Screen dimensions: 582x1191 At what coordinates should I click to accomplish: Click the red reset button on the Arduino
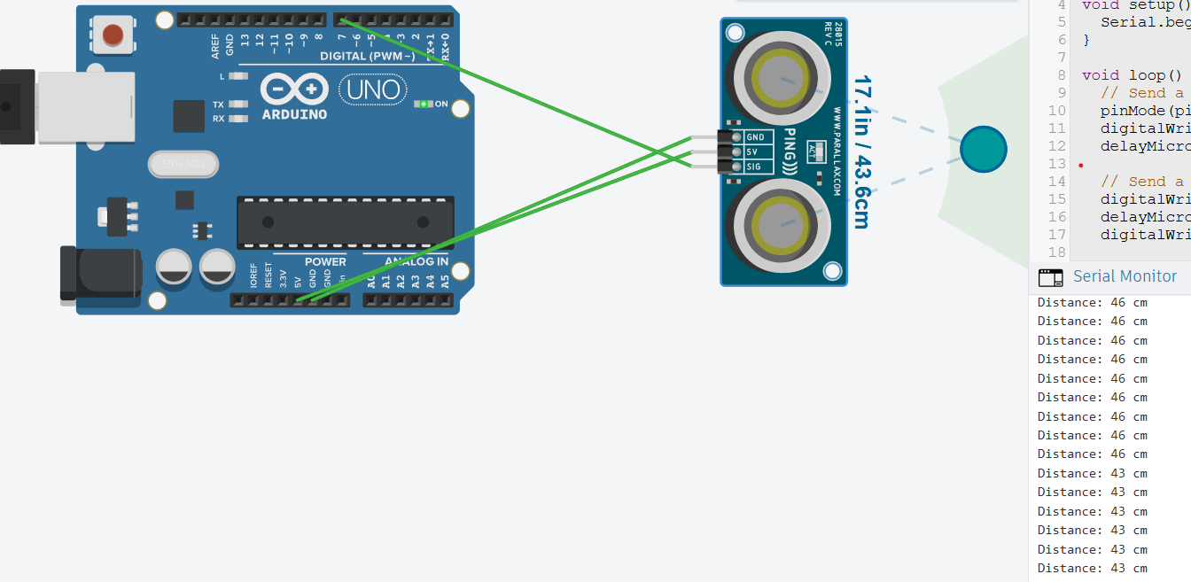tap(113, 35)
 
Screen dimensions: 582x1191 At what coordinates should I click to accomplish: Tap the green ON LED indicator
tap(424, 105)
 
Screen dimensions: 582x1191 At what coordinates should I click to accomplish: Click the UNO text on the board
tap(372, 89)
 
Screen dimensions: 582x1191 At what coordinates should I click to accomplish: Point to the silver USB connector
tap(86, 106)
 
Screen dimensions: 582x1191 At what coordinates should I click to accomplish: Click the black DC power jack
tap(99, 274)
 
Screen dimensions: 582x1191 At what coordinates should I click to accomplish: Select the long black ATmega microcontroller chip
tap(345, 222)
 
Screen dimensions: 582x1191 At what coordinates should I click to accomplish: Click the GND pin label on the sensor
tap(756, 137)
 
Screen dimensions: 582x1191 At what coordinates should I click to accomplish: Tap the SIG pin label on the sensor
tap(754, 167)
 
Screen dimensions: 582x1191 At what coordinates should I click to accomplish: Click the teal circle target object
tap(984, 149)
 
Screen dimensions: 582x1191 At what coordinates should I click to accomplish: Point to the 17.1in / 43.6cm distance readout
tap(860, 151)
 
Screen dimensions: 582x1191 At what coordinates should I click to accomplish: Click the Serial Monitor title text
tap(1125, 276)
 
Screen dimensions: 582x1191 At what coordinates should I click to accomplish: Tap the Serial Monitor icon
tap(1050, 277)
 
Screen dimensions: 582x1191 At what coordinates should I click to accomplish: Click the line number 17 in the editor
tap(1056, 235)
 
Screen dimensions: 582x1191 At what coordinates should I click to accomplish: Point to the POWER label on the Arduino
tap(325, 261)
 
